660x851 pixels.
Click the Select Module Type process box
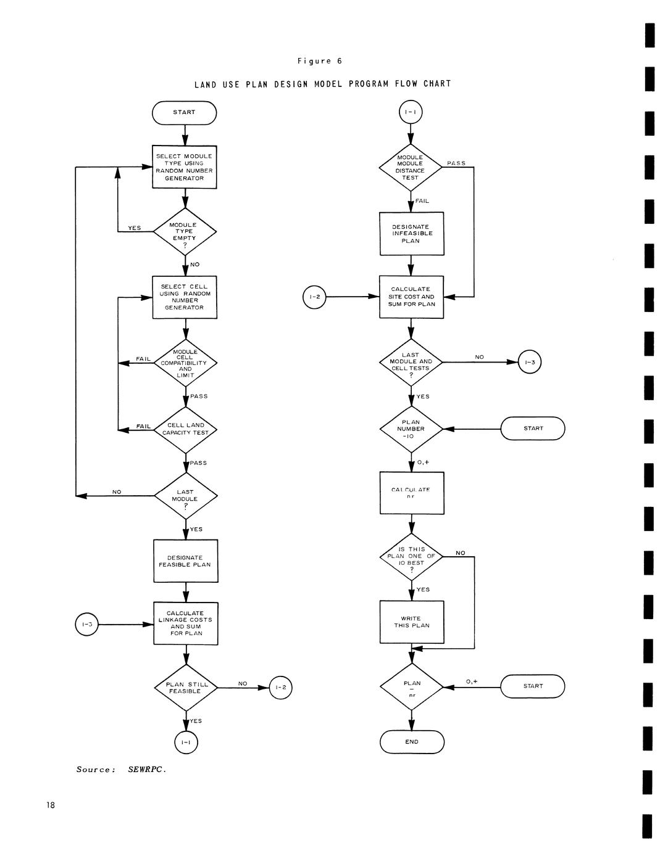(x=185, y=167)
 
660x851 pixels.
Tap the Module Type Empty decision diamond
(x=185, y=232)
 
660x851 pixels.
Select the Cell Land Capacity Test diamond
(x=185, y=429)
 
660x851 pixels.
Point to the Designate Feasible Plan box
(x=185, y=561)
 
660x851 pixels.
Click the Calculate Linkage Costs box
(x=185, y=623)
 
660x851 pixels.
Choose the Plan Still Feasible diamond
(x=185, y=687)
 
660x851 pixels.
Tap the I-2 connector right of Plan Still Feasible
(x=280, y=688)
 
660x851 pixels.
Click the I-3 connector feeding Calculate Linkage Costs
(x=86, y=625)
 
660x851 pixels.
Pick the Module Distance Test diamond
(x=411, y=168)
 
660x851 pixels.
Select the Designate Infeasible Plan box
(x=411, y=234)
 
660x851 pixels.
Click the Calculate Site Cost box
(x=411, y=297)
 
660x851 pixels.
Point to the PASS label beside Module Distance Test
(x=456, y=163)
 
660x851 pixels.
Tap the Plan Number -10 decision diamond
(x=411, y=429)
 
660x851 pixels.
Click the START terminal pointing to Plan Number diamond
(x=533, y=429)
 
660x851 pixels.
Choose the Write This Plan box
(x=412, y=622)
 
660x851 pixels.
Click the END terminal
(x=412, y=742)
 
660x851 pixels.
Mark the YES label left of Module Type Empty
(x=135, y=228)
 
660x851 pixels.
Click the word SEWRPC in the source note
(x=147, y=770)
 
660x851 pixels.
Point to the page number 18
(x=50, y=805)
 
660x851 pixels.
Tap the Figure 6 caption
(x=320, y=61)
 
